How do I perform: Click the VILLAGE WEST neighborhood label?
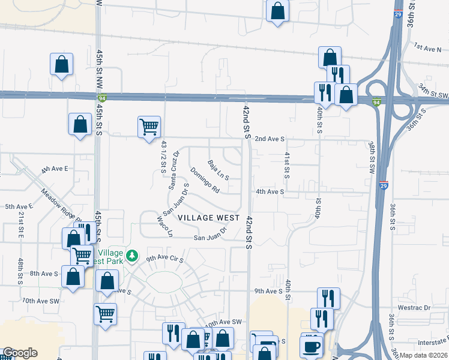208,217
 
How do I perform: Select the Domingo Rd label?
205,180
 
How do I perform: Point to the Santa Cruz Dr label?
173,170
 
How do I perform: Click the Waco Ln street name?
165,225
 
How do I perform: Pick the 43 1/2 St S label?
163,156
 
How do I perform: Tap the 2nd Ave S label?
268,139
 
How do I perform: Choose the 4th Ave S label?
270,191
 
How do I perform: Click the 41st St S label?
287,164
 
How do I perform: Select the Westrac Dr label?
418,308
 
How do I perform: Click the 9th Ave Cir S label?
163,259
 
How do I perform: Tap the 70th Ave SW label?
41,300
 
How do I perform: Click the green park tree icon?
133,256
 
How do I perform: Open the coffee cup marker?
312,346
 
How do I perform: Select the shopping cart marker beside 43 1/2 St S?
149,127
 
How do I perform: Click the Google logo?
20,353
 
